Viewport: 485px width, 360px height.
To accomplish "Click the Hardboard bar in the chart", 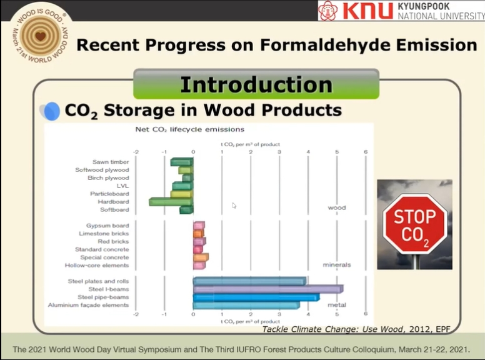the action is (171, 202).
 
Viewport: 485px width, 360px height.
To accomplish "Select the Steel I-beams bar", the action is (268, 289).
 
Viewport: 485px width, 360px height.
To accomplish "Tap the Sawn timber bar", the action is (182, 162).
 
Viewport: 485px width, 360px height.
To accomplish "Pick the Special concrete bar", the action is (201, 257).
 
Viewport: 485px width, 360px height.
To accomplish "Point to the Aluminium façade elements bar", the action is (246, 305).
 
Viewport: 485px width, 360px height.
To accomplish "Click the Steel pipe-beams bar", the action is (256, 297).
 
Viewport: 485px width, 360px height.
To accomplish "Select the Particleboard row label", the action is (109, 194).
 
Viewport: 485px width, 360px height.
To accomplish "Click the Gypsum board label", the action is (107, 226).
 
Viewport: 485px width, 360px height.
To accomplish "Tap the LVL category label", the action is (122, 186).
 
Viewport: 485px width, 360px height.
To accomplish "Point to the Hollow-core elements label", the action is (97, 266).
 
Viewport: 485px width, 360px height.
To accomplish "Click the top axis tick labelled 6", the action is (366, 152).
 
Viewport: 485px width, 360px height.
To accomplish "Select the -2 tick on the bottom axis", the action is (136, 314).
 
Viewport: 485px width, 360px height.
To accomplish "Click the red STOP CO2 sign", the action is (415, 224).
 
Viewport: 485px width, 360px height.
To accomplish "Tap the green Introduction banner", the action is (256, 84).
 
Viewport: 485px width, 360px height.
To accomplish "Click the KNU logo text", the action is (367, 10).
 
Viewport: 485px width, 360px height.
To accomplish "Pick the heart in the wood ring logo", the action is (41, 36).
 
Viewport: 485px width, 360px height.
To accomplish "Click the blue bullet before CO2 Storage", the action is (52, 111).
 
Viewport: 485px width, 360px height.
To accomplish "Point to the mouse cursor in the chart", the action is (234, 206).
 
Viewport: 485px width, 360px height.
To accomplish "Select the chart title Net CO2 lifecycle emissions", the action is (190, 129).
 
